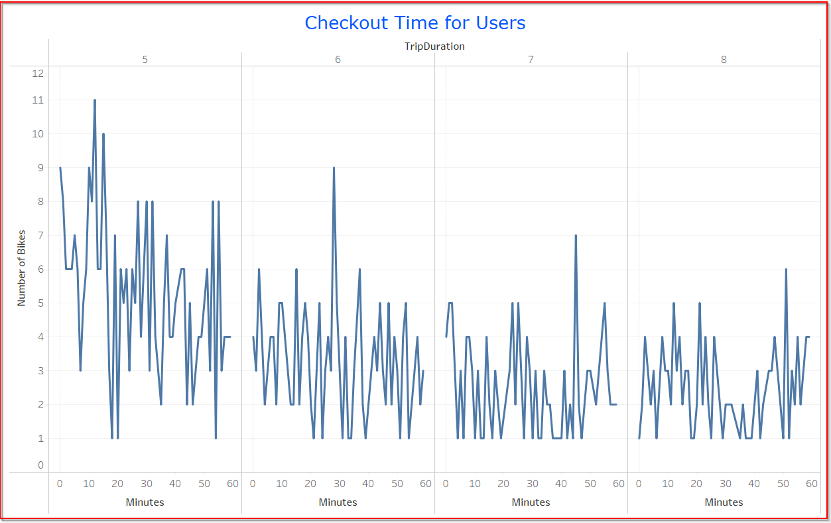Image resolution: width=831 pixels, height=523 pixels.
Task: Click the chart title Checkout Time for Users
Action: tap(415, 23)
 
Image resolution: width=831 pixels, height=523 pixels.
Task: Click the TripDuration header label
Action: tap(434, 46)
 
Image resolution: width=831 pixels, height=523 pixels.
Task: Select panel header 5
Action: tap(145, 59)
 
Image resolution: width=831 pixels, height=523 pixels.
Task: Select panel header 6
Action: tap(338, 59)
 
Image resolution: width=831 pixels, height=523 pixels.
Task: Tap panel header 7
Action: tap(531, 59)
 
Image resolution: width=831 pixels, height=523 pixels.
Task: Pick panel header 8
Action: tap(724, 59)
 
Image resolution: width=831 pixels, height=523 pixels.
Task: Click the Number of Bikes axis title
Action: tap(21, 269)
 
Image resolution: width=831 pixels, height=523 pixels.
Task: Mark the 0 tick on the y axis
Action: tap(40, 465)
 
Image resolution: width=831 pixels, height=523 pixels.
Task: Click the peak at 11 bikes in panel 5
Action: tap(95, 100)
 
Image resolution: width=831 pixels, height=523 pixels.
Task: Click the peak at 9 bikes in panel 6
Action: tap(334, 168)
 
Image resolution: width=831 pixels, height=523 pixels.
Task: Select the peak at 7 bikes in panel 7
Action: tap(576, 236)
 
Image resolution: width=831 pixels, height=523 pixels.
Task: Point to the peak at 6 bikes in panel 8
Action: tap(786, 269)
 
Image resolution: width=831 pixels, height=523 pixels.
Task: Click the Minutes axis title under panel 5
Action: tap(145, 502)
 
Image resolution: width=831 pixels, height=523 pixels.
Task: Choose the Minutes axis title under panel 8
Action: tap(724, 502)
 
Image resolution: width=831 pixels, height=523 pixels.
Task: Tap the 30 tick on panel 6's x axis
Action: tap(340, 484)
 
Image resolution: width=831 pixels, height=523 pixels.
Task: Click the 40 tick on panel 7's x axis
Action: tap(561, 484)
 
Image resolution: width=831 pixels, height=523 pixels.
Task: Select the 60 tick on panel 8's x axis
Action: tap(812, 484)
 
